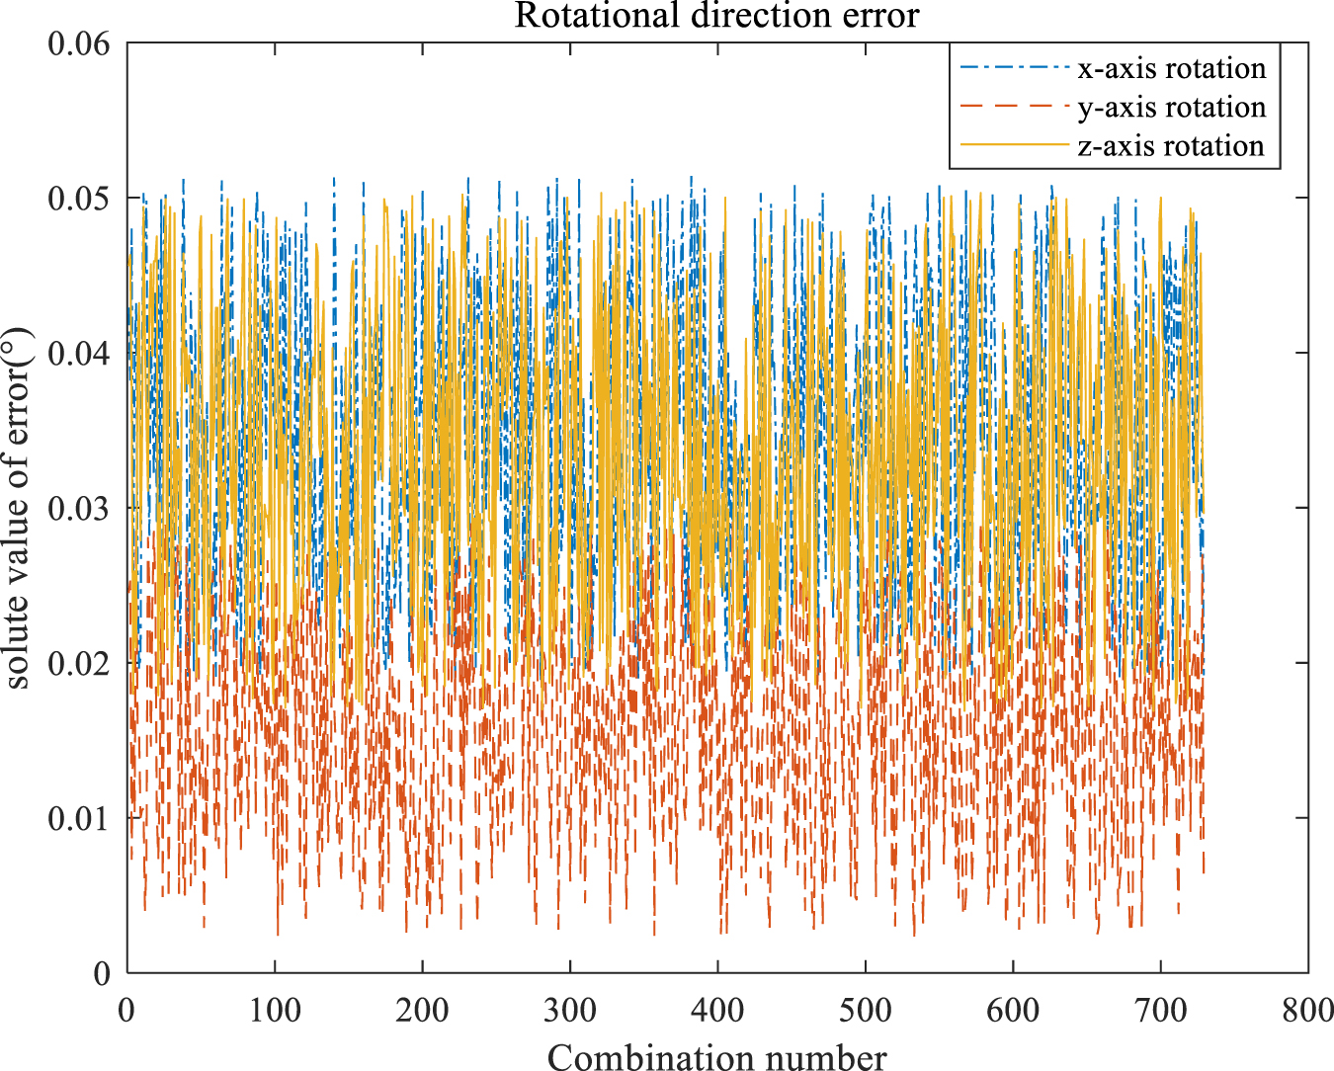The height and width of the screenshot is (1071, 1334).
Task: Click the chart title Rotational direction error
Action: click(x=716, y=16)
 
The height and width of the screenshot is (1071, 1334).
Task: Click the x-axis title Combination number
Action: click(x=716, y=1056)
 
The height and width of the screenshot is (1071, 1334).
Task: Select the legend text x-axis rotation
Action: click(x=1171, y=69)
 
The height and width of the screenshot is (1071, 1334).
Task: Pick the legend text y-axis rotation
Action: click(x=1171, y=107)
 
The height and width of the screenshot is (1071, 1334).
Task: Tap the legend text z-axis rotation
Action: click(x=1171, y=145)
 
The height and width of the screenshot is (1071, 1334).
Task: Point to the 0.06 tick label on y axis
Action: click(x=80, y=43)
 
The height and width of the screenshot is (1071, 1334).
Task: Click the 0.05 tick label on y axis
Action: click(x=80, y=199)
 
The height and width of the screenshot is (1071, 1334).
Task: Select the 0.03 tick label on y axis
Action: click(x=80, y=508)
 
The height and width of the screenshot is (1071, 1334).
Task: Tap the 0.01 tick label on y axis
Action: click(x=80, y=818)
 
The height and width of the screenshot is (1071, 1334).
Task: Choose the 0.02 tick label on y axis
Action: click(x=80, y=663)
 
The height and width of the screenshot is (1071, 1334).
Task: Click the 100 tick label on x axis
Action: click(x=275, y=1010)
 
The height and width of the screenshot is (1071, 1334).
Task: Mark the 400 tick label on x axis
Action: click(x=717, y=1010)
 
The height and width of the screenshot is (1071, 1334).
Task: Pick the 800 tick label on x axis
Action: click(x=1308, y=1010)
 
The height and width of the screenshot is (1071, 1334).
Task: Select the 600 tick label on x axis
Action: click(x=1013, y=1010)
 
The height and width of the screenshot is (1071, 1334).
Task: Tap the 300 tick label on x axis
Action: click(x=570, y=1010)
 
